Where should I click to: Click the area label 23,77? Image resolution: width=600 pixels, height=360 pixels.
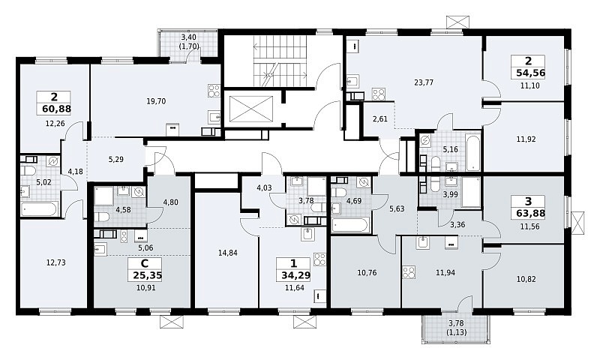coord(424,82)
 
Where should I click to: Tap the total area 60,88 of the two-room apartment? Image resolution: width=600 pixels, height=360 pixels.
coord(57,109)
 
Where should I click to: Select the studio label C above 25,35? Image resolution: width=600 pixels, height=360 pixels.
coord(145,263)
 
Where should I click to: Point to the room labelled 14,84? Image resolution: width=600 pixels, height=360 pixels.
coord(228,253)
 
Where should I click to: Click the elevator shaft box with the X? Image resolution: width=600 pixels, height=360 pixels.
coord(251,109)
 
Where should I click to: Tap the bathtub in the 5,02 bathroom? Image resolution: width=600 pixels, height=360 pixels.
coord(39,209)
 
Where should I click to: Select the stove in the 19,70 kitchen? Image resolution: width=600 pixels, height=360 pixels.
coord(214,91)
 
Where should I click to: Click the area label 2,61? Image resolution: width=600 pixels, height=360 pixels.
coord(380,119)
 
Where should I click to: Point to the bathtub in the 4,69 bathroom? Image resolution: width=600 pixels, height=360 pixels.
coord(350,225)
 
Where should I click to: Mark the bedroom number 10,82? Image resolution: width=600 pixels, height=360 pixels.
coord(526,279)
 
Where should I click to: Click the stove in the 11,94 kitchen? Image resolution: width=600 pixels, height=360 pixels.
coord(409,273)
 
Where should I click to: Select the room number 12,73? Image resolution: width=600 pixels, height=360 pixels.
coord(55,262)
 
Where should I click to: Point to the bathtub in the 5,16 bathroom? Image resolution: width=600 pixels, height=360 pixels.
coord(472,151)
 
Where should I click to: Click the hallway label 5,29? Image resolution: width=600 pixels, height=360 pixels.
coord(116,159)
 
